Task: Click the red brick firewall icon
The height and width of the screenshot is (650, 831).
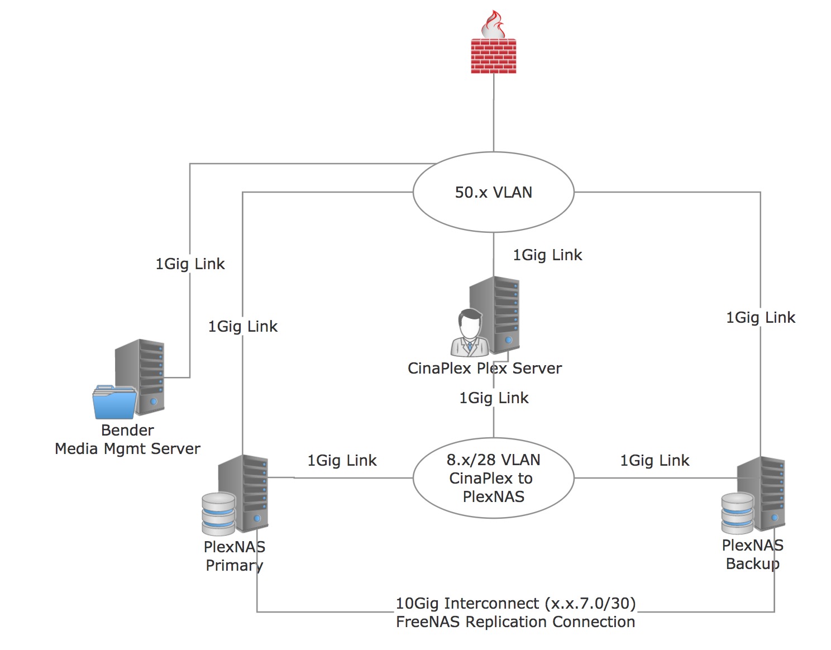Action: [x=493, y=56]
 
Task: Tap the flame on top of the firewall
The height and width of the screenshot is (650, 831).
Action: [x=493, y=25]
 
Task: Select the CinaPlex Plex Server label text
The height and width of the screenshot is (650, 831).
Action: [x=484, y=369]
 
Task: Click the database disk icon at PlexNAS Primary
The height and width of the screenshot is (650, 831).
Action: [x=218, y=514]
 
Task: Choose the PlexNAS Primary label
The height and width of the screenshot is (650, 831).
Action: [x=234, y=556]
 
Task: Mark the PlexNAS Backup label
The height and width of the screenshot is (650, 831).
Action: [x=752, y=555]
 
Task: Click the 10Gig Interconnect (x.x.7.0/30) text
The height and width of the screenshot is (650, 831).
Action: [x=515, y=604]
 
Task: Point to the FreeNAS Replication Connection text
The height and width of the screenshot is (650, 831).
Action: [x=515, y=622]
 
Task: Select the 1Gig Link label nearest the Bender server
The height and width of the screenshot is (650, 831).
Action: [x=190, y=264]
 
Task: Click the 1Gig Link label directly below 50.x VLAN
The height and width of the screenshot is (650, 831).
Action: [x=547, y=255]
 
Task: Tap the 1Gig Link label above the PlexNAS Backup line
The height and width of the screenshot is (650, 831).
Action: [x=760, y=318]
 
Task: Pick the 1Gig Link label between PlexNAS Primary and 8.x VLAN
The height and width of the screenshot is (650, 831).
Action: [x=342, y=461]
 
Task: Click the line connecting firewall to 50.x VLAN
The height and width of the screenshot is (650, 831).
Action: [x=494, y=112]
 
